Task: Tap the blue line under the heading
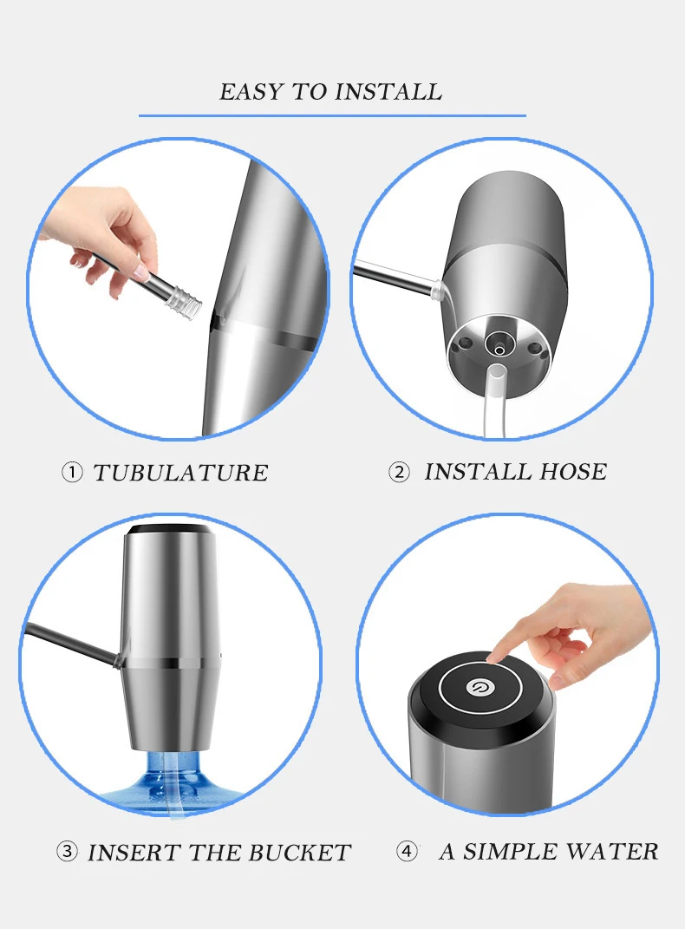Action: pos(332,115)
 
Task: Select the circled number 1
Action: pos(72,473)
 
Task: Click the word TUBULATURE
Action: pos(180,473)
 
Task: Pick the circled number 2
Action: pos(399,472)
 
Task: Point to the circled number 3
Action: pos(67,852)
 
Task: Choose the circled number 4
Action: pos(407,852)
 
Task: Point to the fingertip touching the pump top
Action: pos(498,657)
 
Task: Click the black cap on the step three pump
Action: pos(169,529)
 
